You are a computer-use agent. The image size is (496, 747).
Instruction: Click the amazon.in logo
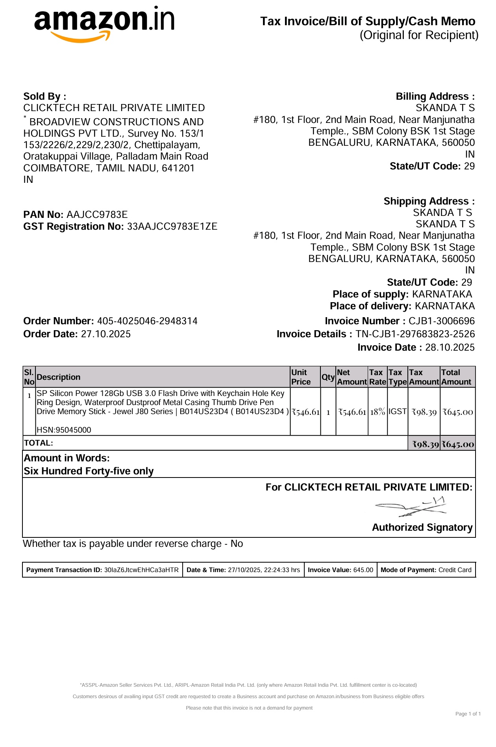[104, 24]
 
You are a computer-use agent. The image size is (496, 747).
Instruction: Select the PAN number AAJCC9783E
[97, 215]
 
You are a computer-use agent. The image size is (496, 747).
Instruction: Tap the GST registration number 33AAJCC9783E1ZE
[172, 227]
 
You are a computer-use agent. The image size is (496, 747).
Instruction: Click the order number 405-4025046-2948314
[147, 321]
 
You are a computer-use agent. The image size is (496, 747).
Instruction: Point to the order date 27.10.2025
[105, 334]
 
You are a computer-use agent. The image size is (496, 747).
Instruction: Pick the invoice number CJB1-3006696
[441, 321]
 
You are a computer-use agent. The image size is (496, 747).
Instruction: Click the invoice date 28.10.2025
[450, 347]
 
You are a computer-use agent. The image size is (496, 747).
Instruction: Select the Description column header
[58, 377]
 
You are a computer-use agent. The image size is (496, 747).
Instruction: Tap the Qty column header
[328, 377]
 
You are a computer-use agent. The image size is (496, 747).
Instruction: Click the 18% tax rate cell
[378, 412]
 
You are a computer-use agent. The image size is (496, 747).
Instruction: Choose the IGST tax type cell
[397, 411]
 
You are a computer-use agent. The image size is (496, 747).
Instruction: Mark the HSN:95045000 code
[64, 430]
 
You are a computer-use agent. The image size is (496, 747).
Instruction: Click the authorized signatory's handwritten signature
[411, 507]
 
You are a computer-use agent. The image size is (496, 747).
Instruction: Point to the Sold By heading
[44, 97]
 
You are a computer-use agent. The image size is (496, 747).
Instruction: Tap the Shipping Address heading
[429, 201]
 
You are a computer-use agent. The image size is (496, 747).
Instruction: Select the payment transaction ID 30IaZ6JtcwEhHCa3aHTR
[141, 570]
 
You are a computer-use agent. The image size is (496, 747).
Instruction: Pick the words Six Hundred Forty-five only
[89, 471]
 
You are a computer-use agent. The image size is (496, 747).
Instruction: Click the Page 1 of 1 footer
[468, 714]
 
